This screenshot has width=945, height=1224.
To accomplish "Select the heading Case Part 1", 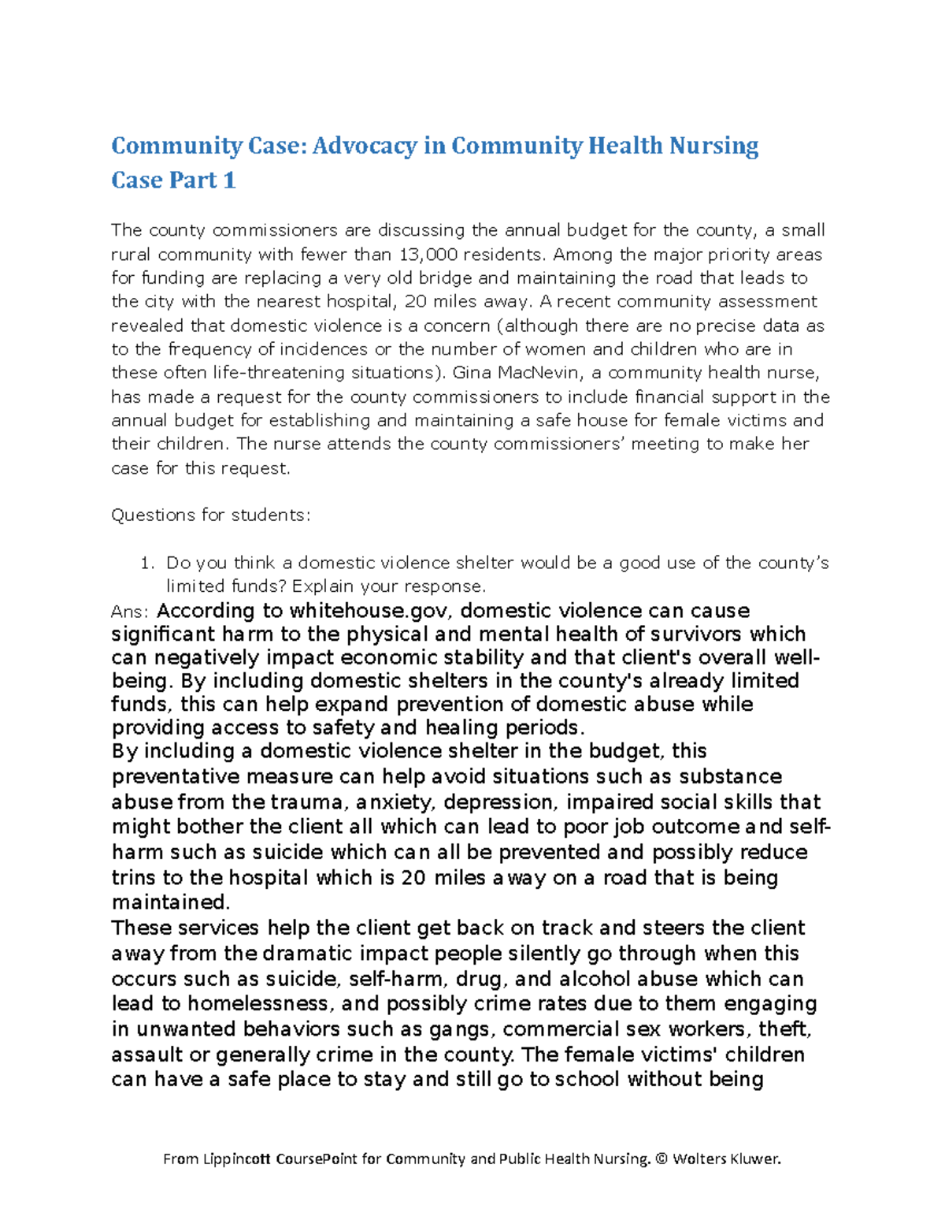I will point(173,180).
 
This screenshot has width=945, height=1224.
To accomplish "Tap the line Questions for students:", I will point(211,515).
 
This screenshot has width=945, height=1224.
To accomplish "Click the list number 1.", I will point(145,564).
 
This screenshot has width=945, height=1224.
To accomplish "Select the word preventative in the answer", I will point(176,777).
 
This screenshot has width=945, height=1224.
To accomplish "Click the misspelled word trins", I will point(134,878).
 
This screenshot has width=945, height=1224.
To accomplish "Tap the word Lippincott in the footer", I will point(236,1159).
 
